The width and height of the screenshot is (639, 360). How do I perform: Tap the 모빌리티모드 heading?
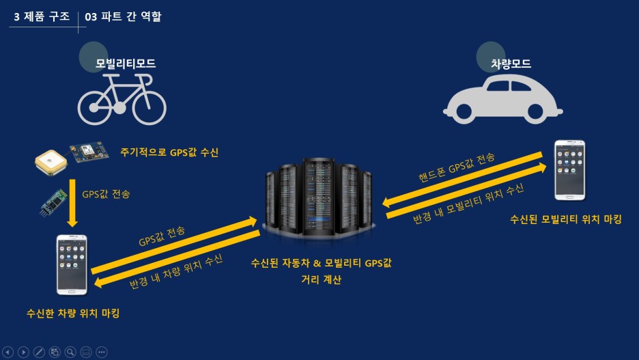(x=126, y=64)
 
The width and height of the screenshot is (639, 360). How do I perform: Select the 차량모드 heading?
(x=511, y=64)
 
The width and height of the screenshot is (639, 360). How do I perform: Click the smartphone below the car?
(x=569, y=170)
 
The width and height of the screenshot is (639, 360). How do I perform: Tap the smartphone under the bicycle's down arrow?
(x=72, y=264)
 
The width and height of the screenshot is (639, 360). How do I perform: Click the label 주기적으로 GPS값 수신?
(x=169, y=152)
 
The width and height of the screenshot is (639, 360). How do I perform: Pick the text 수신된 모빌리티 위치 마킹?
(x=566, y=219)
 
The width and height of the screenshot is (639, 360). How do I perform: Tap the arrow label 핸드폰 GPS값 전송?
(x=457, y=169)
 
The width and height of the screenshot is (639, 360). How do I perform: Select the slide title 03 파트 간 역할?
(x=124, y=16)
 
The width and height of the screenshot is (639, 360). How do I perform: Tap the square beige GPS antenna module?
(x=49, y=161)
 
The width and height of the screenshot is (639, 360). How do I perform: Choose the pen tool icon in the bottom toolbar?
(x=39, y=352)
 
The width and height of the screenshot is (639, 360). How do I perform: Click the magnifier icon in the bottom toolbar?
(x=70, y=352)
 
